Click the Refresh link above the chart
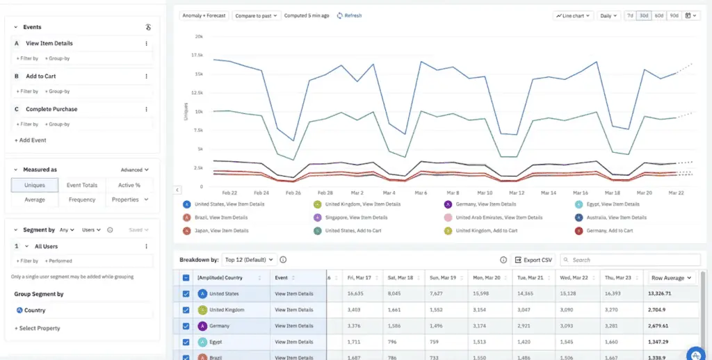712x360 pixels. pyautogui.click(x=349, y=15)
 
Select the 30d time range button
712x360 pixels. pyautogui.click(x=644, y=15)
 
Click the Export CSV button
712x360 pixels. pyautogui.click(x=533, y=260)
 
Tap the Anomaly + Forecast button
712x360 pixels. pyautogui.click(x=203, y=15)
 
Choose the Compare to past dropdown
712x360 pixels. pyautogui.click(x=257, y=15)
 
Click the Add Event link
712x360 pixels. pyautogui.click(x=31, y=140)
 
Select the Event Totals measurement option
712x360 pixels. pyautogui.click(x=82, y=185)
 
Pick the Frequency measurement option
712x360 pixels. pyautogui.click(x=82, y=199)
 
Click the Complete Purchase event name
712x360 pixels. pyautogui.click(x=51, y=109)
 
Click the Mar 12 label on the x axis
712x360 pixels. pyautogui.click(x=517, y=193)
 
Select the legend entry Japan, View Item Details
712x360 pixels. pyautogui.click(x=220, y=230)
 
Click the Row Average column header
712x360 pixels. pyautogui.click(x=671, y=278)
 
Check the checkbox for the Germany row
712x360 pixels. pyautogui.click(x=186, y=326)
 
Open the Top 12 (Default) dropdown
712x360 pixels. pyautogui.click(x=249, y=260)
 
